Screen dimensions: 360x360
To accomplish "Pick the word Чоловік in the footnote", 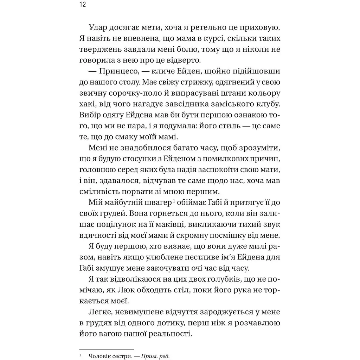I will (x=101, y=356).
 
